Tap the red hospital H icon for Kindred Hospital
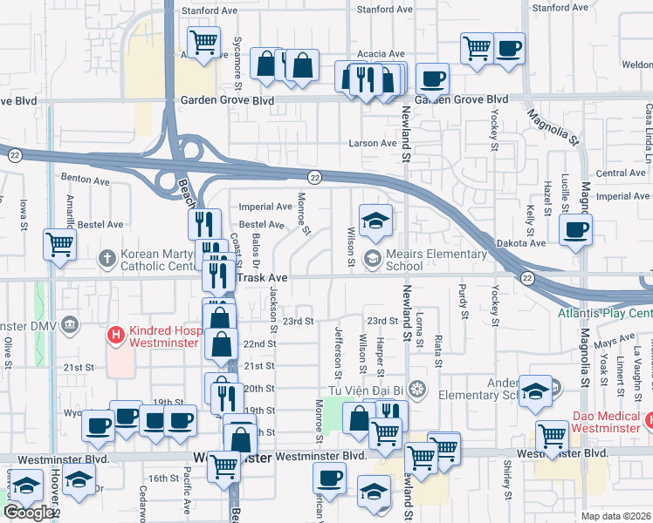click(114, 334)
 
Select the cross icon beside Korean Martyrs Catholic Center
click(107, 257)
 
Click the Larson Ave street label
click(373, 143)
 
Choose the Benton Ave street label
click(85, 179)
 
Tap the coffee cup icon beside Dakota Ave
click(575, 230)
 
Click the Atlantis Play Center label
click(605, 313)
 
